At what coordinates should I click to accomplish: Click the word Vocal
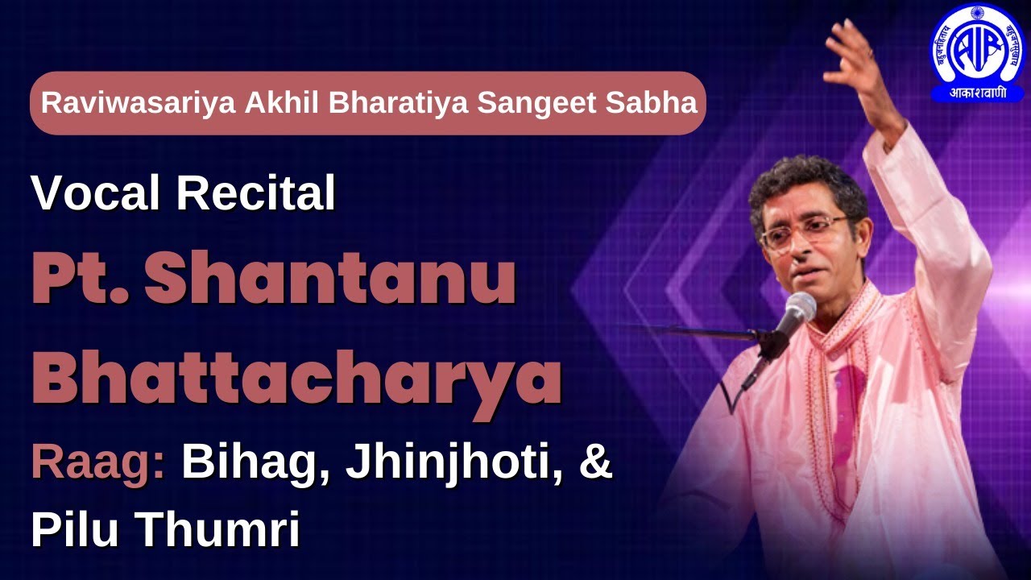97,193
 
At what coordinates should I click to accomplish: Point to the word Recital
256,193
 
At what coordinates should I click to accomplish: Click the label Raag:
97,466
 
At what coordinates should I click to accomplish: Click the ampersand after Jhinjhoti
595,466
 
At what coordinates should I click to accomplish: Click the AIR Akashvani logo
977,54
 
